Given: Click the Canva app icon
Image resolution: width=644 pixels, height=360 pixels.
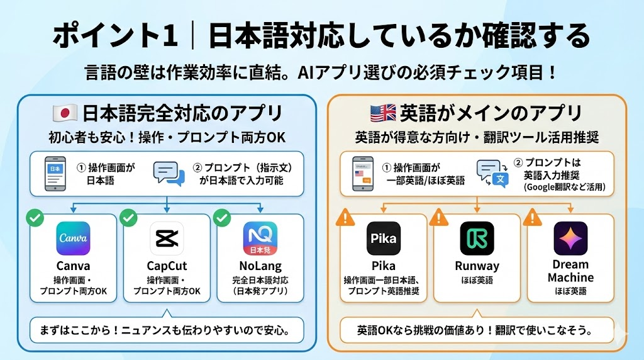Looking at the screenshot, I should click(x=73, y=239).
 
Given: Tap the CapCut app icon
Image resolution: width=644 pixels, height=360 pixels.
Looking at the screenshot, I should click(x=166, y=239).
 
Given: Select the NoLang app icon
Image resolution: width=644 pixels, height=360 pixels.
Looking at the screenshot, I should click(x=260, y=239).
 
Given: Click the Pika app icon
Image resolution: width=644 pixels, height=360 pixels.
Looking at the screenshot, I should click(x=383, y=239).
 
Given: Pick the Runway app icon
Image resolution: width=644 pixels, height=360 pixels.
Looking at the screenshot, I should click(x=477, y=239).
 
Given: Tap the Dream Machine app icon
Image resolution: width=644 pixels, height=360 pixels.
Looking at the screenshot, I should click(x=570, y=239).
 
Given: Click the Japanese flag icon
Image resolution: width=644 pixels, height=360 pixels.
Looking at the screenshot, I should click(x=64, y=113).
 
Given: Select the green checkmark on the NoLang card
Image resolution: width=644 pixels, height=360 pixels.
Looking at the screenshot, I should click(x=221, y=218).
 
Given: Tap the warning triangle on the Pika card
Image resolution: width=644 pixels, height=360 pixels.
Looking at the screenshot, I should click(x=345, y=218).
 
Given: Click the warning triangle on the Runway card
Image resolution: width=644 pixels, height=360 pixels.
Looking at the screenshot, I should click(x=438, y=218).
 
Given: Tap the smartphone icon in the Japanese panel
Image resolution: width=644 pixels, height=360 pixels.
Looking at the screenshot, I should click(x=57, y=173).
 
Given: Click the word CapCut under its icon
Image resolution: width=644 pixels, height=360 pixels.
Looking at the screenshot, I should click(x=167, y=266).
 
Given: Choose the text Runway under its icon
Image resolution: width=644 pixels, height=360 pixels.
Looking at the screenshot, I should click(x=477, y=266).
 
